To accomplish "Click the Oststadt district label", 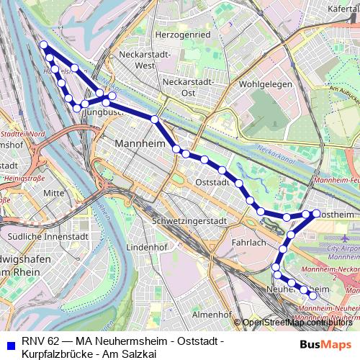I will point(212,183).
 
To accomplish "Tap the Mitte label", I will point(53,193).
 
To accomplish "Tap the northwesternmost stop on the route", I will point(44,45).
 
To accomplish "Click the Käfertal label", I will point(343,9).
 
